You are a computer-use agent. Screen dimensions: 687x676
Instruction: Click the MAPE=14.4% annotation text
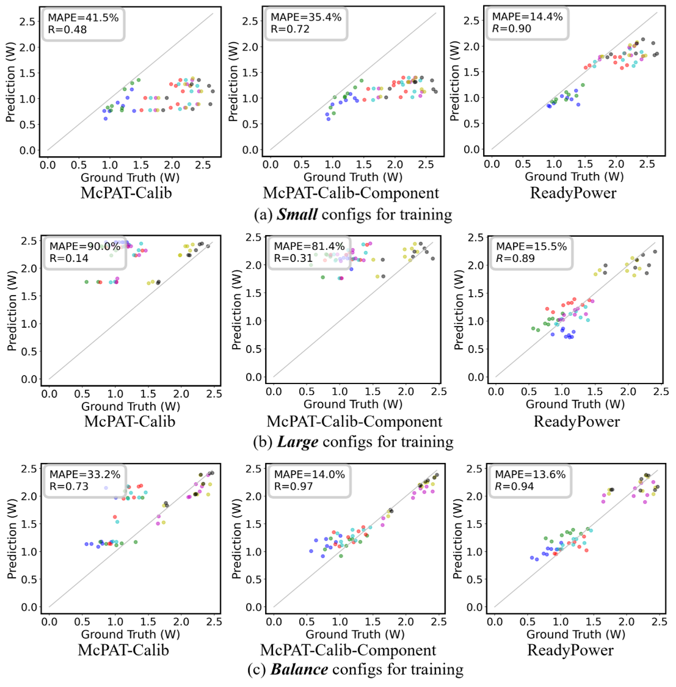coord(519,16)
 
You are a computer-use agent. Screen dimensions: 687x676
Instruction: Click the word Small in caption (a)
coord(296,214)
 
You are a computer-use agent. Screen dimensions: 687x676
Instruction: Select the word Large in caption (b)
coord(297,442)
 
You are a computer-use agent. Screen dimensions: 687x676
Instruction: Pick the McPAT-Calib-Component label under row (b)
coord(354,421)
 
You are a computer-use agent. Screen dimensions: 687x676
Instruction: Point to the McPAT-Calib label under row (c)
coord(123,650)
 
